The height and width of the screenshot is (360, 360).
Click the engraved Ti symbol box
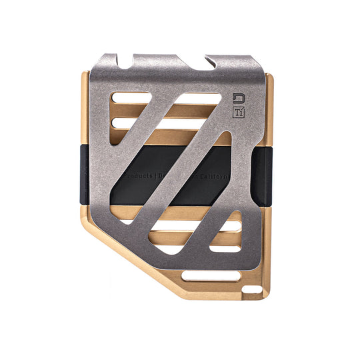tap(239, 113)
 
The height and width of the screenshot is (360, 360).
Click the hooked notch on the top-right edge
tap(211, 63)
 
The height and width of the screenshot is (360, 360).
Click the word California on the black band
tap(213, 177)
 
